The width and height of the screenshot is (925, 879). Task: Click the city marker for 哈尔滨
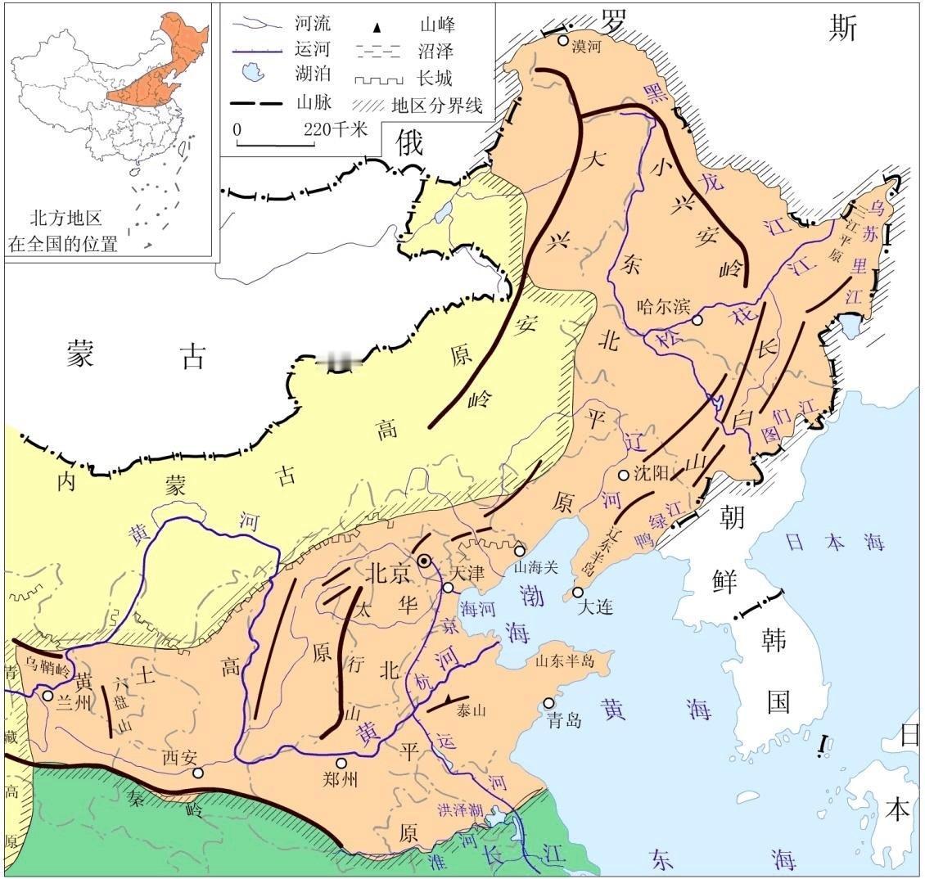point(697,320)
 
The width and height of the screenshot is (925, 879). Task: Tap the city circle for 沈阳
point(623,475)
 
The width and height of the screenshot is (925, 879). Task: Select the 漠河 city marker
point(563,39)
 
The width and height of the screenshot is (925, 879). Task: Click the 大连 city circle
point(578,592)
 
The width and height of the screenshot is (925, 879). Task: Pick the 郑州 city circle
point(341,763)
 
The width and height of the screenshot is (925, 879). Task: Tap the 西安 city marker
point(196,772)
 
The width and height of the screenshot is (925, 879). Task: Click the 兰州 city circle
point(48,696)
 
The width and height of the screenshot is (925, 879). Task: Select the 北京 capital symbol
point(424,561)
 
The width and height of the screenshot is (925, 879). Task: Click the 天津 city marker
point(449,588)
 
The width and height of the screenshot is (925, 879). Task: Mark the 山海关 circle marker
point(519,550)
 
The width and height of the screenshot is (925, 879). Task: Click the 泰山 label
point(472,710)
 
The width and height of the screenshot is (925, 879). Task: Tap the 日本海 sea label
point(818,541)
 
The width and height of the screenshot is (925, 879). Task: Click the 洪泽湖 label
point(459,810)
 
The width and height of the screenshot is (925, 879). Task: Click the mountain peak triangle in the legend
point(377,27)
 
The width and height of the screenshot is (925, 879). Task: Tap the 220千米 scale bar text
point(336,128)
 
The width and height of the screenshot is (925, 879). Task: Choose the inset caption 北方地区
point(65,219)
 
